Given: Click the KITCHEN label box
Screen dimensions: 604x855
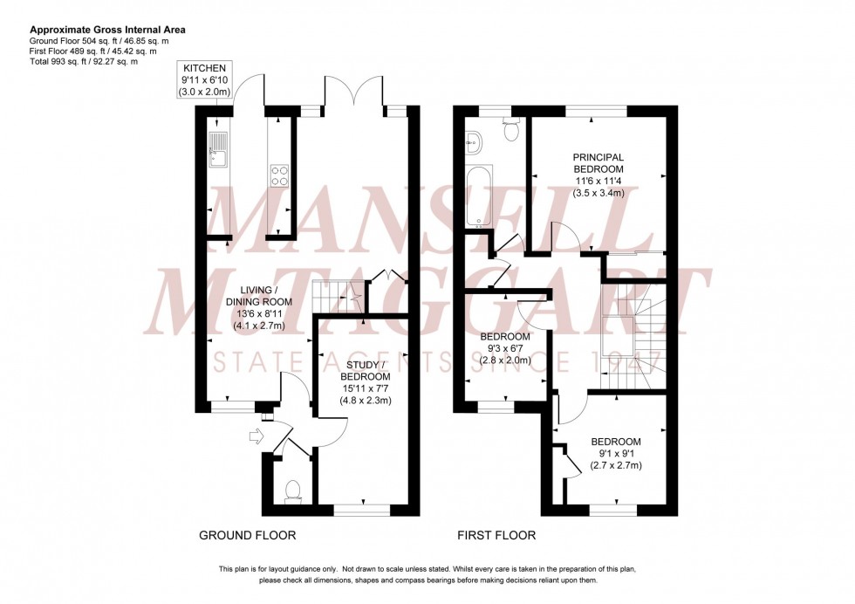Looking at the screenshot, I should click(204, 79).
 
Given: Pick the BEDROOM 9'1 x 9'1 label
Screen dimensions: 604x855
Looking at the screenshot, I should click(615, 453).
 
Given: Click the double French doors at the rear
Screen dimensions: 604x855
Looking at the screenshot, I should click(355, 93).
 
